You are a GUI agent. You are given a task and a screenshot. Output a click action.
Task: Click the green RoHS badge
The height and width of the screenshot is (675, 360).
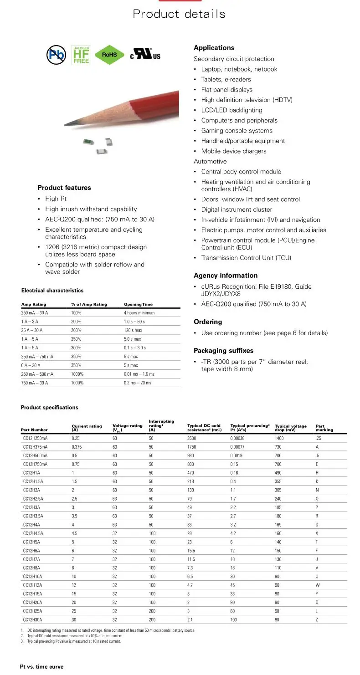pyautogui.click(x=109, y=55)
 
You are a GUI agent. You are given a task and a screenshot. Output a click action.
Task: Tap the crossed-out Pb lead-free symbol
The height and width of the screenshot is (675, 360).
pyautogui.click(x=57, y=55)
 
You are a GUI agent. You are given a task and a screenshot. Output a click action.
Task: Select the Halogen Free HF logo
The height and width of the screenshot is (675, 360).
pyautogui.click(x=81, y=55)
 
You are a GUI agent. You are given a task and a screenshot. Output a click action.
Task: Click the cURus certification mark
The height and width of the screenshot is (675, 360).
pyautogui.click(x=145, y=55)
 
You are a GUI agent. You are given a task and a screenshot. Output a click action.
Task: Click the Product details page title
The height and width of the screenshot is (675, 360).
pyautogui.click(x=179, y=14)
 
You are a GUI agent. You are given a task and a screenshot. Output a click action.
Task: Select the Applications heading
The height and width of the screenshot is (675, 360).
pyautogui.click(x=214, y=48)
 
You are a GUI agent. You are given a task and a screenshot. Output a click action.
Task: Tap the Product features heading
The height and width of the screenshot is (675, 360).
pyautogui.click(x=64, y=188)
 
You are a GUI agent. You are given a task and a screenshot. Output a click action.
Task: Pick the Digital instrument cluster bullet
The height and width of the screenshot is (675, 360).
pyautogui.click(x=237, y=210)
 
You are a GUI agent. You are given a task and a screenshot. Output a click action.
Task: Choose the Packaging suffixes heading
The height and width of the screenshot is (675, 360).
pyautogui.click(x=223, y=351)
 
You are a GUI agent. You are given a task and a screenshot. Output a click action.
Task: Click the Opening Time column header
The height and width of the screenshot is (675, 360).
pyautogui.click(x=138, y=304)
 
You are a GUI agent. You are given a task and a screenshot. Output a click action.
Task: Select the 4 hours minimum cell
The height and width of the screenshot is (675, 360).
pyautogui.click(x=139, y=313)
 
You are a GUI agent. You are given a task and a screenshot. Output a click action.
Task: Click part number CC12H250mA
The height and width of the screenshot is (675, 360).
pyautogui.click(x=35, y=438)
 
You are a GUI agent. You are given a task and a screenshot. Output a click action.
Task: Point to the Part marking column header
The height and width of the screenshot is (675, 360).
pyautogui.click(x=324, y=428)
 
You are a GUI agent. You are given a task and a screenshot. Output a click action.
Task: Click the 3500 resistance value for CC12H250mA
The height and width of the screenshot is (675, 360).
pyautogui.click(x=191, y=438)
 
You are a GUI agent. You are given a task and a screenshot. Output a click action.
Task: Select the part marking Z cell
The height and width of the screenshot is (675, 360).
pyautogui.click(x=317, y=620)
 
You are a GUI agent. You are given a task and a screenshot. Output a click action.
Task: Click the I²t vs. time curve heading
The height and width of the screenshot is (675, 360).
pyautogui.click(x=41, y=667)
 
